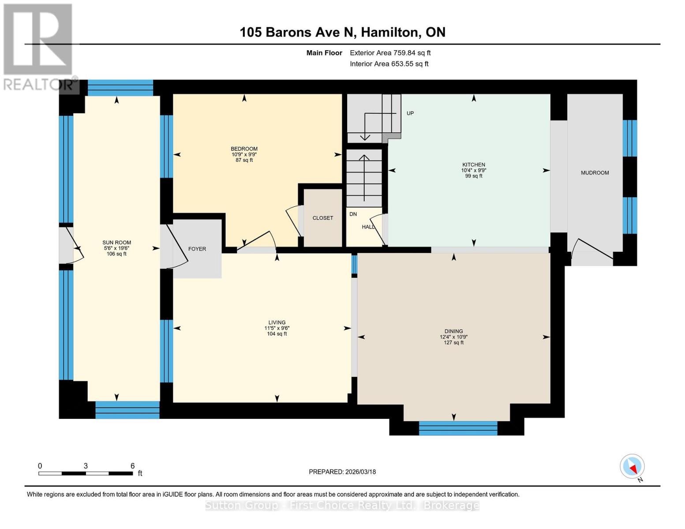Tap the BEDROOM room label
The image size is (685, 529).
tap(244, 149)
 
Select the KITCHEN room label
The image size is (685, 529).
tap(473, 165)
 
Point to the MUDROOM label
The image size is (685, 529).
tap(595, 173)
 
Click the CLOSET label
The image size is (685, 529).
tap(322, 218)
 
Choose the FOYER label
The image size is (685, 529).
tap(197, 249)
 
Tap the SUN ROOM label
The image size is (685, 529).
tap(116, 242)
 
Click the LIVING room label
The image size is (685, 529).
tap(277, 323)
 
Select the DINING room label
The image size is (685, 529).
tap(453, 332)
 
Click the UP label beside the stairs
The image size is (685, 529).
tap(410, 113)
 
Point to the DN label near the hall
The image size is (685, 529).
tap(353, 214)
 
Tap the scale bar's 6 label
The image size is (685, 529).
tap(132, 466)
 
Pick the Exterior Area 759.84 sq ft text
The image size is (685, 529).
tap(390, 53)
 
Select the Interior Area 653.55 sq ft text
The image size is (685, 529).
tap(389, 64)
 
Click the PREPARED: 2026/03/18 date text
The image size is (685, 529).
tap(342, 472)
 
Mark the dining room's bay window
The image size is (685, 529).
tap(458, 428)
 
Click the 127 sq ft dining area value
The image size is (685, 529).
tap(453, 343)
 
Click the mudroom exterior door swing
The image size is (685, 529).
tap(591, 251)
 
